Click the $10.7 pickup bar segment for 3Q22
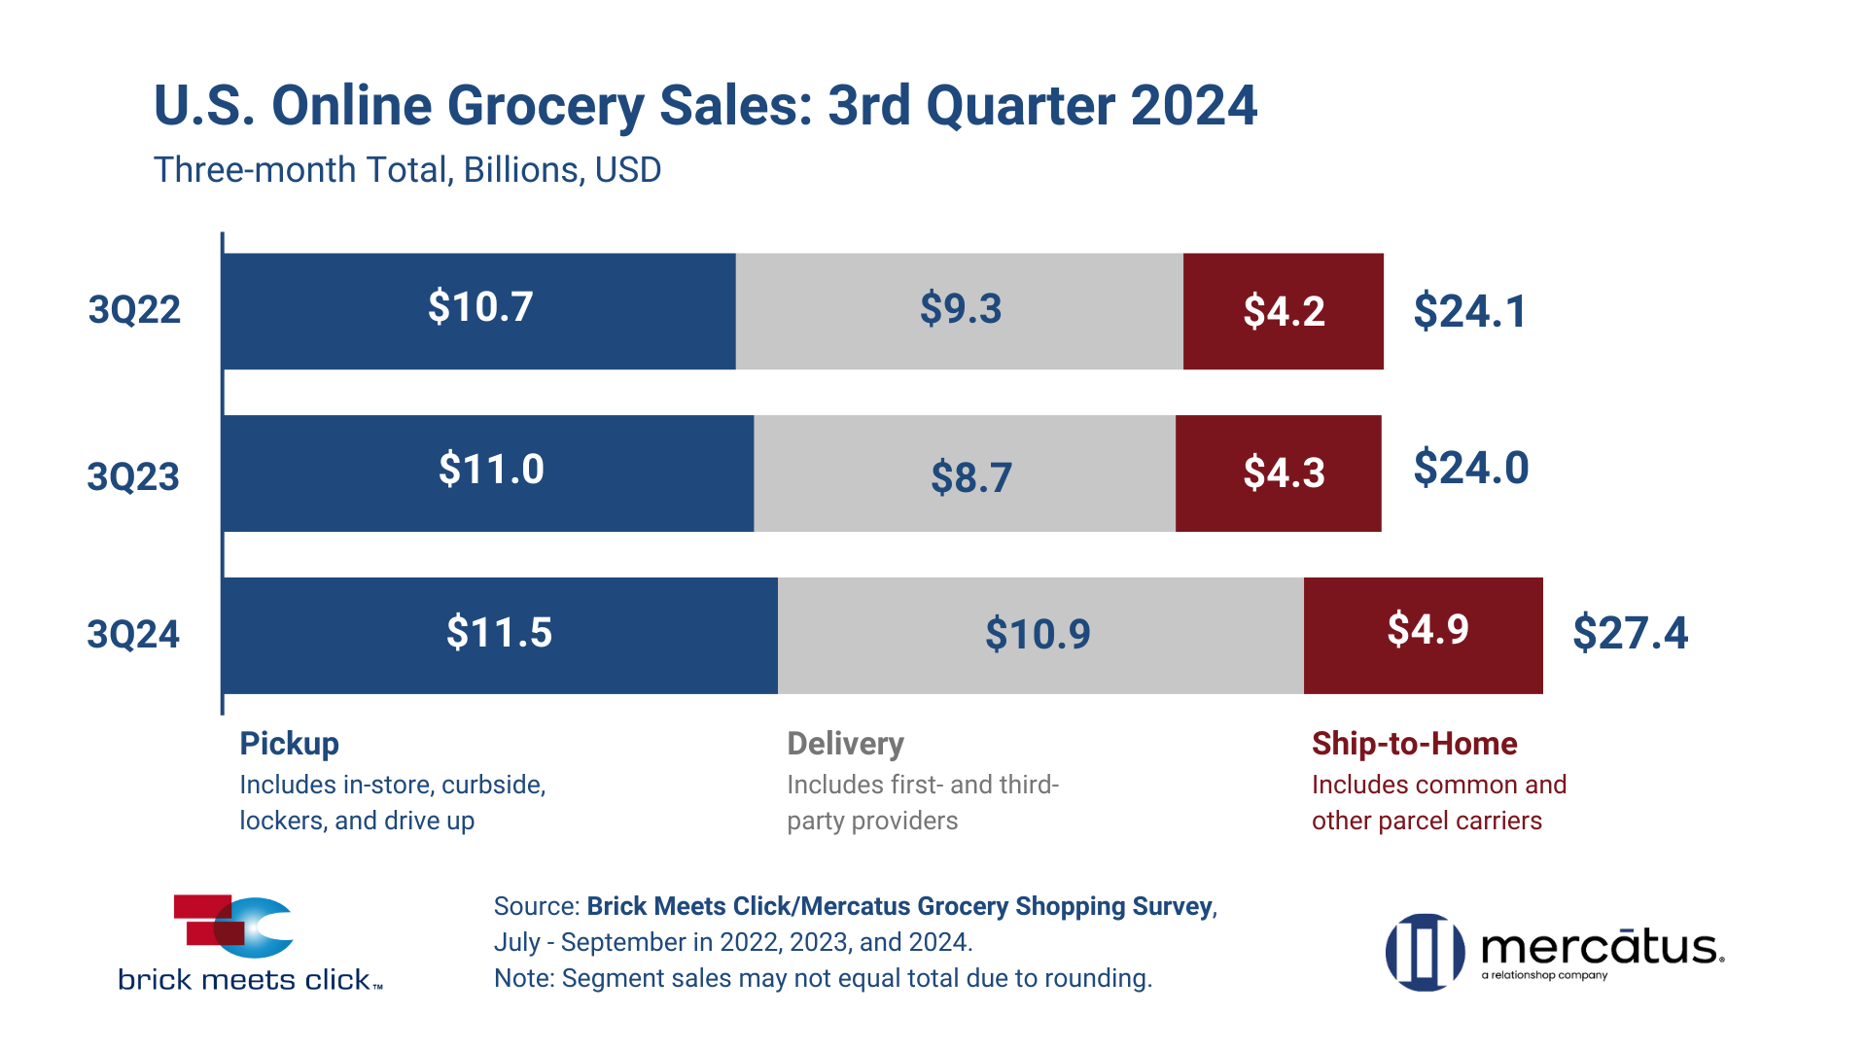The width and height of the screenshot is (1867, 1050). [x=478, y=311]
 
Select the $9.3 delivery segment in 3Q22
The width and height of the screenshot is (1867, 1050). [x=959, y=311]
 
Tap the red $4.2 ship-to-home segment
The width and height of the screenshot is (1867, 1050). [x=1284, y=311]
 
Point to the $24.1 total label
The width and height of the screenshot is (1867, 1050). [x=1469, y=311]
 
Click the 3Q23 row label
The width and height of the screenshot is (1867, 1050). [x=133, y=476]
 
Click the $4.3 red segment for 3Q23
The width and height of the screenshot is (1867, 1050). [x=1280, y=473]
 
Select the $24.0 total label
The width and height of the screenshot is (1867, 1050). [x=1470, y=468]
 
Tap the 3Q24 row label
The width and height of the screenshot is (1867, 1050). [x=133, y=634]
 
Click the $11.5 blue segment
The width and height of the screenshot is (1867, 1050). [x=499, y=634]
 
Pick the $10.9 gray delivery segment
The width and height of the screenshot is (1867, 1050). [x=1039, y=634]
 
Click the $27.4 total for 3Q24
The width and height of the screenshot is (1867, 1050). [x=1630, y=633]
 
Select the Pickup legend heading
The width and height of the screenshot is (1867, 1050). [x=289, y=744]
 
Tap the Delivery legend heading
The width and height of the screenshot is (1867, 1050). [x=845, y=744]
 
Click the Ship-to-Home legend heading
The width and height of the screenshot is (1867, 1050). [x=1414, y=744]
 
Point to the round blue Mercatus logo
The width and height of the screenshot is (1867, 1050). [x=1425, y=952]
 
